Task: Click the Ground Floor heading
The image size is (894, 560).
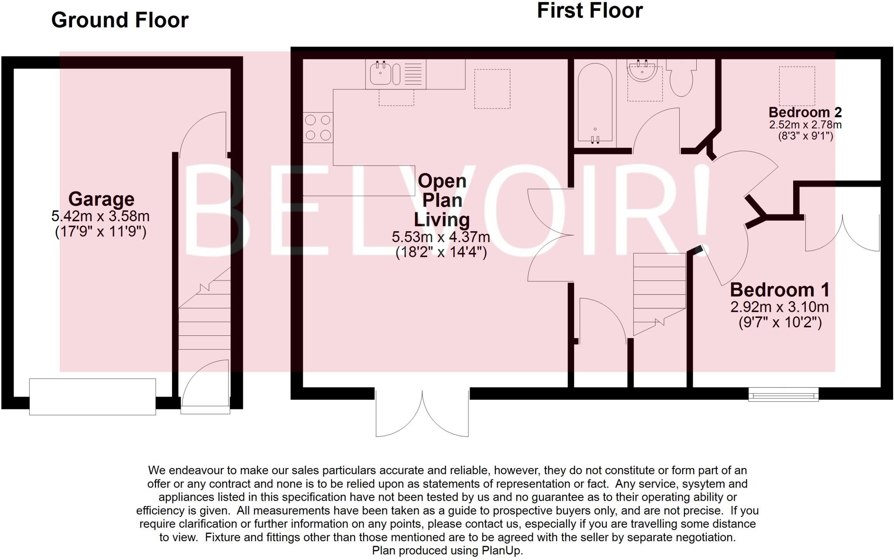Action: (x=120, y=20)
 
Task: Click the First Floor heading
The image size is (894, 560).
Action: (x=590, y=10)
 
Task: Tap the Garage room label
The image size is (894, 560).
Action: (x=101, y=199)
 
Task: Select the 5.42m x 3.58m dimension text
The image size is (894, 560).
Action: (x=100, y=216)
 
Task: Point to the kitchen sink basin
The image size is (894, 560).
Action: (x=380, y=73)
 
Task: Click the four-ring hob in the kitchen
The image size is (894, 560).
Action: (x=318, y=127)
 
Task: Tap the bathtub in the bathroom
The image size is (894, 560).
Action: (x=595, y=105)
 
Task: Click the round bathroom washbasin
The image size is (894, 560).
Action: (x=642, y=71)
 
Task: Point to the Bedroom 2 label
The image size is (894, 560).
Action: (x=805, y=112)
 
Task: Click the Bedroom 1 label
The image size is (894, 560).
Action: (x=780, y=290)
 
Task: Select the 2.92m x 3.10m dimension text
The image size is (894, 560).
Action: (x=780, y=307)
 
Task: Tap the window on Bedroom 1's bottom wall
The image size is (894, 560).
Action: (x=783, y=395)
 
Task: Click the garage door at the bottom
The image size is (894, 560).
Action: (x=93, y=396)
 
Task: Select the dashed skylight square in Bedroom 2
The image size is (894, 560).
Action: (x=797, y=86)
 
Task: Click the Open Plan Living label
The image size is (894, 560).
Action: (x=442, y=200)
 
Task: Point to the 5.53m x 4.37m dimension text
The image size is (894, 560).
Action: (x=441, y=237)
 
